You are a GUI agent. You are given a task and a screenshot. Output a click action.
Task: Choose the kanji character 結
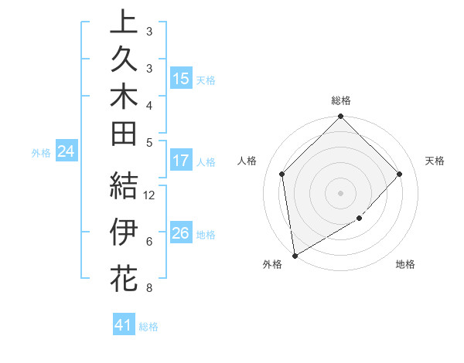coord(124,186)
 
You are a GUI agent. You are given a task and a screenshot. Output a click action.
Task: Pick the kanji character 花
coord(124,278)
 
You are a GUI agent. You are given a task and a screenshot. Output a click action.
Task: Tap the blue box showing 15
coord(181,79)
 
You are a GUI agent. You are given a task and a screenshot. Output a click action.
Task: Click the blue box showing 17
coord(181,161)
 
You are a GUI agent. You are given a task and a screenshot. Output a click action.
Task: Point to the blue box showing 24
coord(66,152)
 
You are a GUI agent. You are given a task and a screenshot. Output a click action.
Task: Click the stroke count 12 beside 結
coord(150,195)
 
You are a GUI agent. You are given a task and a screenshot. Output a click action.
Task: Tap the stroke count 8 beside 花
coord(148,289)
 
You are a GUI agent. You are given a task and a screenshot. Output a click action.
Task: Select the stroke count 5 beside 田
coord(148,141)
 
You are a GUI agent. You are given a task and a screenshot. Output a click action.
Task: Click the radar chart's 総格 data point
coord(340,117)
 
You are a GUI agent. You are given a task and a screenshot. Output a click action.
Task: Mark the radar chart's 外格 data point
coord(295,255)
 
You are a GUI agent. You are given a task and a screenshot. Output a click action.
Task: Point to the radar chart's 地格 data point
coord(360,219)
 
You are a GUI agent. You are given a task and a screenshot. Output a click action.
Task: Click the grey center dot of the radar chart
coord(340,192)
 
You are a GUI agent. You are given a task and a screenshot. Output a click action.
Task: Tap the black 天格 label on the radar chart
coord(435,161)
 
